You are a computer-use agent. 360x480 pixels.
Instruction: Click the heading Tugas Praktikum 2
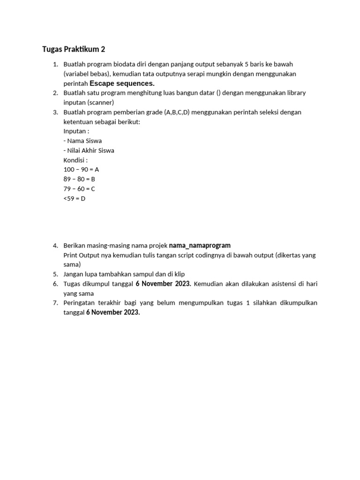[x=75, y=49]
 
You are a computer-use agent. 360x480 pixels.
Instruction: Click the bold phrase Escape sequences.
[x=122, y=83]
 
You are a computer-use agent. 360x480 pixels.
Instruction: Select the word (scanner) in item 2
[x=101, y=102]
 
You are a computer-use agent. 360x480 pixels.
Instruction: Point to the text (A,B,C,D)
[x=177, y=112]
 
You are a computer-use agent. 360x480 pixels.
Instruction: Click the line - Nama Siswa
[x=82, y=141]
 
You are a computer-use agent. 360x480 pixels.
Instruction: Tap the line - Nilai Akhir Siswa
[x=89, y=150]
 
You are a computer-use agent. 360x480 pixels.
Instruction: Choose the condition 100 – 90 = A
[x=81, y=170]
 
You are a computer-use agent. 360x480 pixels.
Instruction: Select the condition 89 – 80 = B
[x=79, y=179]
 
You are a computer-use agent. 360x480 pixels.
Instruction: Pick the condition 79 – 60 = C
[x=79, y=189]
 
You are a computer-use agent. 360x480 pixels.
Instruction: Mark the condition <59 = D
[x=75, y=198]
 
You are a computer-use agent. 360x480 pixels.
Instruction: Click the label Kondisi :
[x=75, y=160]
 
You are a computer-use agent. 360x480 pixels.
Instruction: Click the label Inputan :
[x=76, y=131]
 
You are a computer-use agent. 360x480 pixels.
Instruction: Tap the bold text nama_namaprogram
[x=200, y=246]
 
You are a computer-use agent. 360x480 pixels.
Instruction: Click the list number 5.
[x=55, y=274]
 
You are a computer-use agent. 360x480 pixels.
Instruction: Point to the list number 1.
[x=55, y=64]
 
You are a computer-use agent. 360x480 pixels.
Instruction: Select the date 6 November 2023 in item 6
[x=163, y=284]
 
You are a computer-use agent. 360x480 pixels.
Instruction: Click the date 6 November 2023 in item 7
[x=113, y=313]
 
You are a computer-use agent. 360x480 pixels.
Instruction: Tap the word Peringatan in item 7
[x=79, y=303]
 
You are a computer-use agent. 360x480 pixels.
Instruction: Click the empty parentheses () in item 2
[x=218, y=93]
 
